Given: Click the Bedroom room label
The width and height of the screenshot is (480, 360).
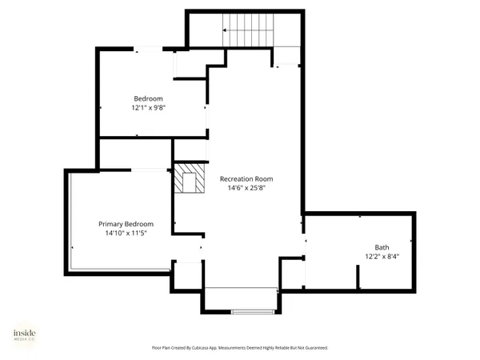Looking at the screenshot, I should tap(148, 98).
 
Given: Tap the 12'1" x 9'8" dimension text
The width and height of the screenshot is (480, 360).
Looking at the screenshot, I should tap(148, 107).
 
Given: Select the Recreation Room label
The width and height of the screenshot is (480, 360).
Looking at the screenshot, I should tap(247, 178).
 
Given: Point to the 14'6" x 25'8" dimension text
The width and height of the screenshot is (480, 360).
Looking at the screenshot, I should tap(247, 188).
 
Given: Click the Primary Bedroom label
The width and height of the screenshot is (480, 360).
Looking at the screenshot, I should tap(126, 224).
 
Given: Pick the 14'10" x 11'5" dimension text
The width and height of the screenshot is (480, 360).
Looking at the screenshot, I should tap(126, 233).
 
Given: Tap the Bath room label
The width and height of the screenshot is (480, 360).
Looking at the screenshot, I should tap(382, 246).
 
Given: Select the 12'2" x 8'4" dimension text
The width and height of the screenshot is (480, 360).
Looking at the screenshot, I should tap(382, 256).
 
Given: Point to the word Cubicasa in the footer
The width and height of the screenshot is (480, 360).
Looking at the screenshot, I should tap(210, 348).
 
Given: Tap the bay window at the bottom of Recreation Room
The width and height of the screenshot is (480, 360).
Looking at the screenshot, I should tap(241, 300).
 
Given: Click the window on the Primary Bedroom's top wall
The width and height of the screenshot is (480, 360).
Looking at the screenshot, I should tap(149, 170).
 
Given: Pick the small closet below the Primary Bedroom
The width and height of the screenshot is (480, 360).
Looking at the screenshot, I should tap(187, 275).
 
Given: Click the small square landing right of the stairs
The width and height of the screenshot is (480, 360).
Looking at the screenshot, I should tap(286, 56).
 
